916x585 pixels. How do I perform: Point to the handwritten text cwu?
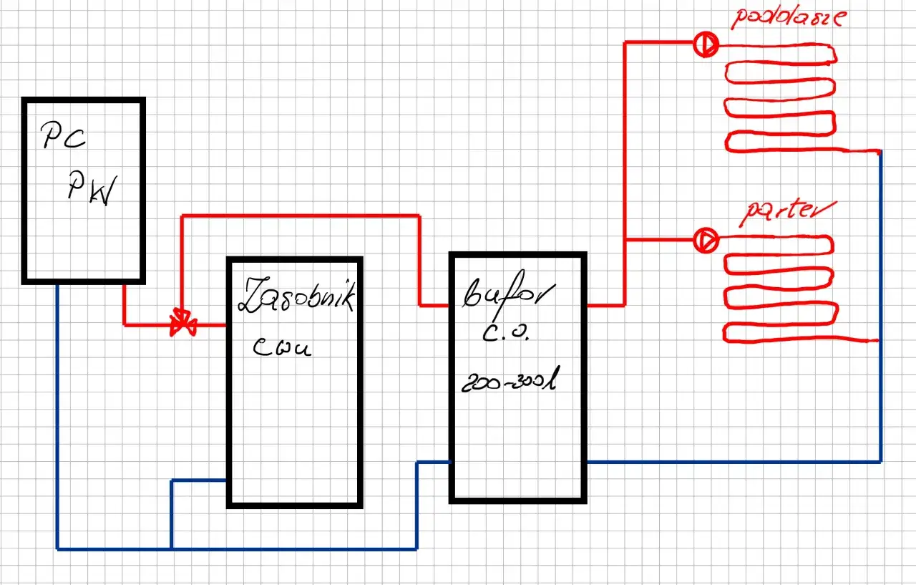click(282, 349)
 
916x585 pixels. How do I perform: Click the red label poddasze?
click(785, 17)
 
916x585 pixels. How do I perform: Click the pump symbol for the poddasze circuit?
click(706, 45)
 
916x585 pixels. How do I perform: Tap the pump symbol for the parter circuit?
click(706, 240)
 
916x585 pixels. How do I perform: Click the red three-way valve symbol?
click(182, 323)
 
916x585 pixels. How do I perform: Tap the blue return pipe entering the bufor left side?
click(433, 463)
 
